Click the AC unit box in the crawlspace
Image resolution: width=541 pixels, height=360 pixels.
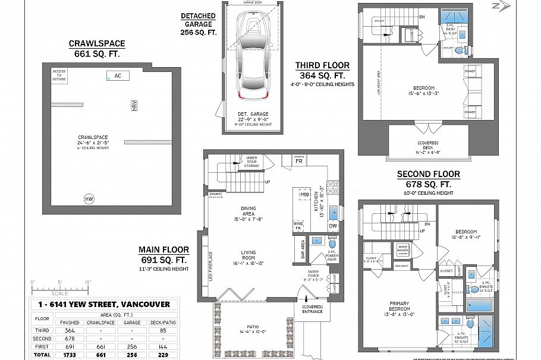pyautogui.click(x=118, y=75)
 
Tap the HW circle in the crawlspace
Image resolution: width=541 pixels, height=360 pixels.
pyautogui.click(x=89, y=199)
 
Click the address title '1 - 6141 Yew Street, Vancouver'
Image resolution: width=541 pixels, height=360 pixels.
pyautogui.click(x=103, y=304)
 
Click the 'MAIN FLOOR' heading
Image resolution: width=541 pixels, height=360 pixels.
pyautogui.click(x=164, y=250)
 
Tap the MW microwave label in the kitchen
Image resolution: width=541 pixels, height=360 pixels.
pyautogui.click(x=303, y=194)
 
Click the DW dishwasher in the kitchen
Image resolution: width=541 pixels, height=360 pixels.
pyautogui.click(x=332, y=225)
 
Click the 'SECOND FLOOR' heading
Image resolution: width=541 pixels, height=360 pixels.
pyautogui.click(x=428, y=174)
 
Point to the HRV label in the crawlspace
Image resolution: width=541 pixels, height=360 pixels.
pyautogui.click(x=134, y=106)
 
